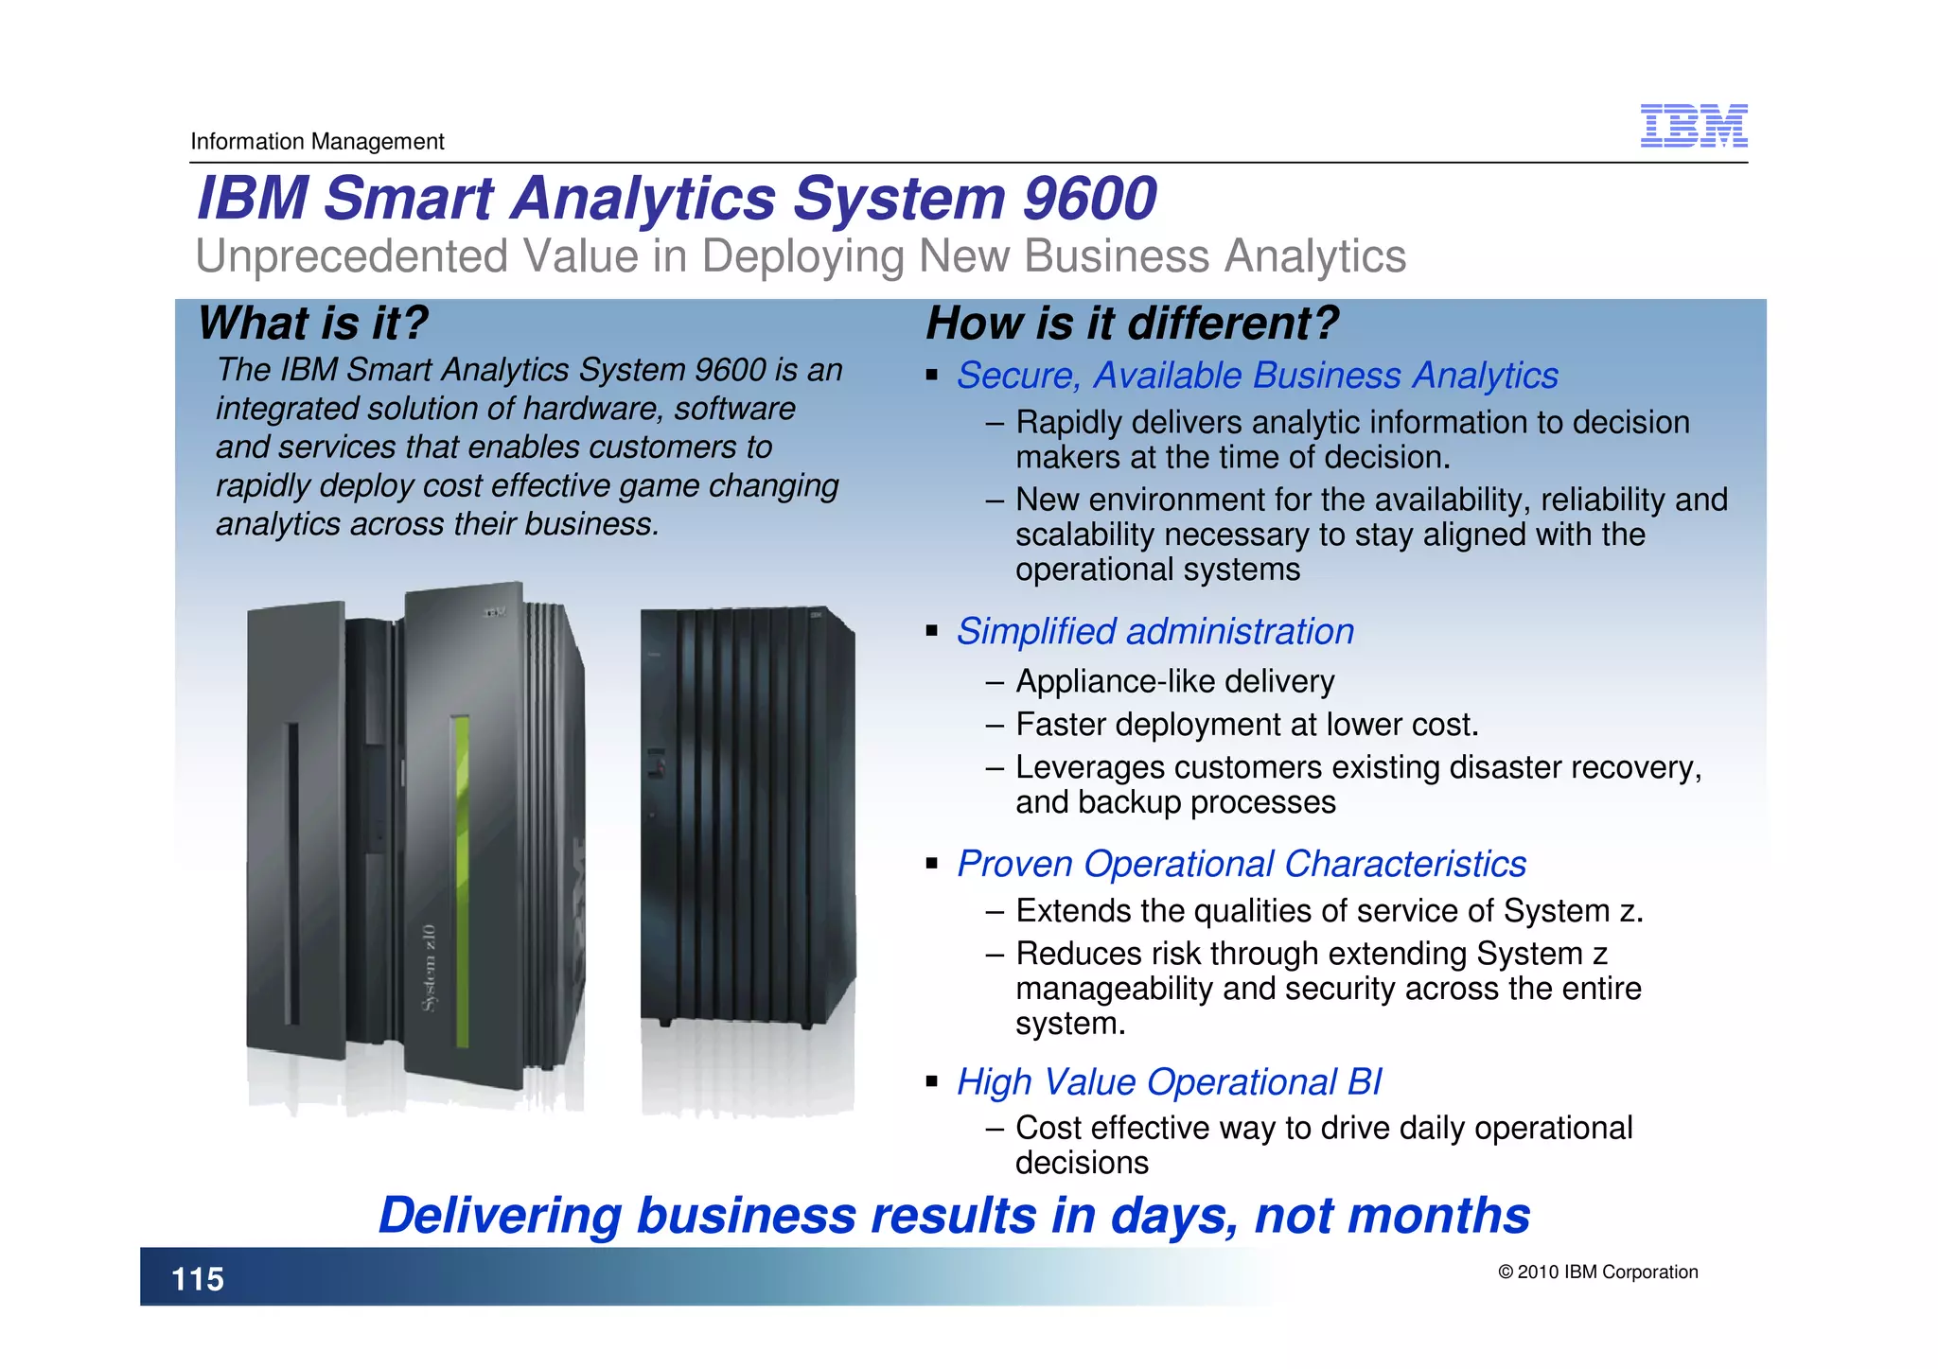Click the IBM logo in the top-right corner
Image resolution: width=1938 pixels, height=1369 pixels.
point(1693,126)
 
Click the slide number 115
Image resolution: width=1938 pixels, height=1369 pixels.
point(198,1279)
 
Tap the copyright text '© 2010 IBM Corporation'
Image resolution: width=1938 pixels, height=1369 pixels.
point(1597,1272)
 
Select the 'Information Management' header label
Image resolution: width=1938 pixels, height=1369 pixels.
point(317,142)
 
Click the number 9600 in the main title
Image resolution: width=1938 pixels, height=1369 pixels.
point(1090,198)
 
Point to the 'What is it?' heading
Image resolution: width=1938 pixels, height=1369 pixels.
point(312,323)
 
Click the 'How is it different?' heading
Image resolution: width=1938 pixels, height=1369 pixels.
point(1132,323)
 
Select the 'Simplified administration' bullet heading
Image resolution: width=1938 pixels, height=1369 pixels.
point(1154,631)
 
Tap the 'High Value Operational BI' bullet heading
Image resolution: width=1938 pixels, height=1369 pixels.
point(1169,1081)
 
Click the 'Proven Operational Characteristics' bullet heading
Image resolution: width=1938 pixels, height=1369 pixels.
point(1241,864)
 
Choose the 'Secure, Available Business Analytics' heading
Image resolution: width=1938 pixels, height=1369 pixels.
point(1257,376)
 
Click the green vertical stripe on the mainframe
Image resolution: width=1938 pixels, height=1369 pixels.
point(462,880)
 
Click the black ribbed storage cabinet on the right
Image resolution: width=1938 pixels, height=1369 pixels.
point(748,814)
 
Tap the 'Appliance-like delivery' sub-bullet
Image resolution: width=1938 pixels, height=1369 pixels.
point(1174,681)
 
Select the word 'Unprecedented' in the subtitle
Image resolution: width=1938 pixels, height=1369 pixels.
point(351,256)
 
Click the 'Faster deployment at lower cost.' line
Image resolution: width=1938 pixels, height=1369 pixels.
point(1246,725)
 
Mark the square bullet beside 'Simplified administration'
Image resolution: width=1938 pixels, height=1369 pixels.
point(932,631)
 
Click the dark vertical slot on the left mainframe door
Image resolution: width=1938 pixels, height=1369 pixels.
point(293,875)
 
